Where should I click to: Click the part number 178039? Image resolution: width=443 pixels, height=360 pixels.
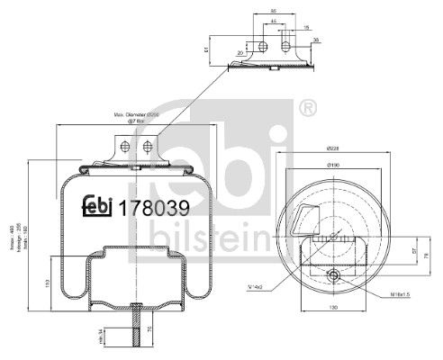154,207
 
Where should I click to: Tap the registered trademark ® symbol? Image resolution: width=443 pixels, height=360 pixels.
306,110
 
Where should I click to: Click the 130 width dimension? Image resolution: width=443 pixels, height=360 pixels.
332,308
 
